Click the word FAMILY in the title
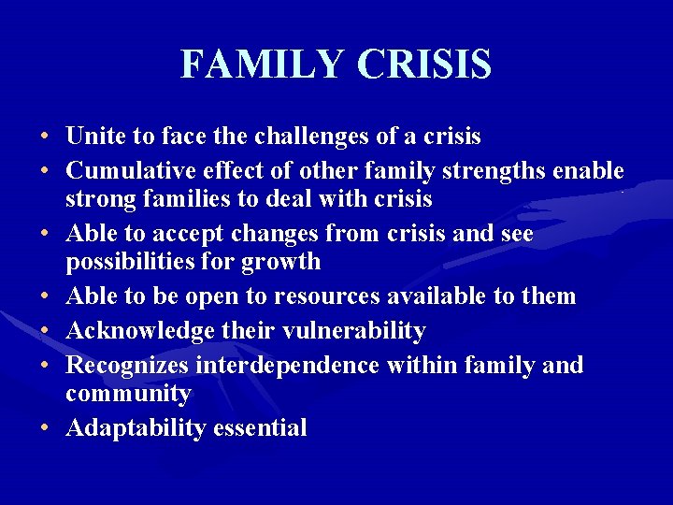coord(263,65)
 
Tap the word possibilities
coord(133,261)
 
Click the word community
coord(128,394)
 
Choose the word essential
coord(260,428)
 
